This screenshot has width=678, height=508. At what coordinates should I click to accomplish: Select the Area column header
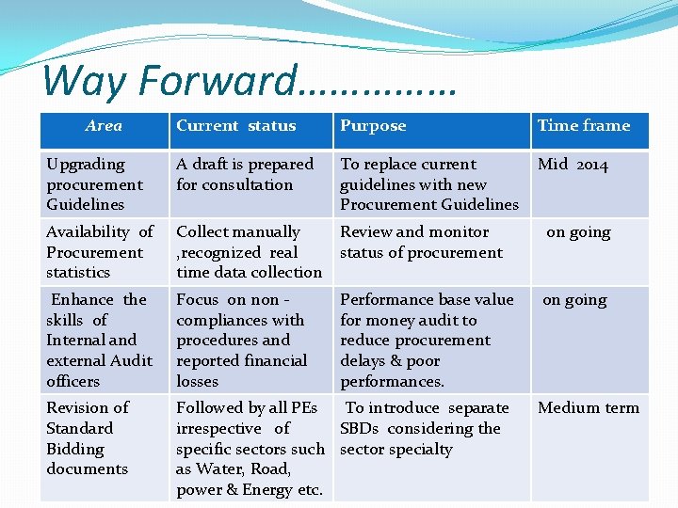[x=104, y=126]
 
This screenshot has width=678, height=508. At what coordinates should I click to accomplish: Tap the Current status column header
[x=235, y=126]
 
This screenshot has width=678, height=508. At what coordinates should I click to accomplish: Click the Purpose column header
[x=373, y=126]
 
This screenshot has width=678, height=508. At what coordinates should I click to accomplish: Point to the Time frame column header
[x=584, y=126]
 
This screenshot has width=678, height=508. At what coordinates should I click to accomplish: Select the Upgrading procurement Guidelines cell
[x=94, y=184]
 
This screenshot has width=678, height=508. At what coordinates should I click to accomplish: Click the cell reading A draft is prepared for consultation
[x=245, y=174]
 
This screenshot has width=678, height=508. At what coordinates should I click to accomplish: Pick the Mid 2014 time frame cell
[x=573, y=165]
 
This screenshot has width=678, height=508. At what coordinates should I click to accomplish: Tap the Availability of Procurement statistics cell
[x=99, y=252]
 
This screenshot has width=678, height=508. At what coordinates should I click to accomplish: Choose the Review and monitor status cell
[x=421, y=242]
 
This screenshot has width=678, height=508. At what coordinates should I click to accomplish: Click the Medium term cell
[x=588, y=408]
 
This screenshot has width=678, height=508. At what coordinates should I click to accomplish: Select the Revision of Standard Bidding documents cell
[x=88, y=438]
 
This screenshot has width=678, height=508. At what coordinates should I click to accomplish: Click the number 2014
[x=592, y=165]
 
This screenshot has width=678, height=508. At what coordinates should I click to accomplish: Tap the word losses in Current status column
[x=197, y=381]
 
